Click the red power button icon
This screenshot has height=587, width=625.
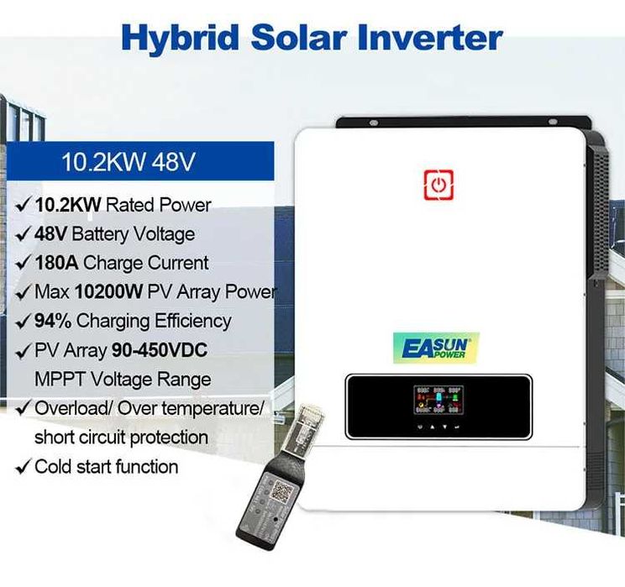click(x=438, y=185)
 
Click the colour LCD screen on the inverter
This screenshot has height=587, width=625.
click(x=438, y=401)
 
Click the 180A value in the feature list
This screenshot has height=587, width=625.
click(x=58, y=263)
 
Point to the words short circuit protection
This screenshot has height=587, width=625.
click(x=121, y=438)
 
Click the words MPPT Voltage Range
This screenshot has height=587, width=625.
click(x=122, y=379)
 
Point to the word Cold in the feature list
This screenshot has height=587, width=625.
click(x=54, y=467)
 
